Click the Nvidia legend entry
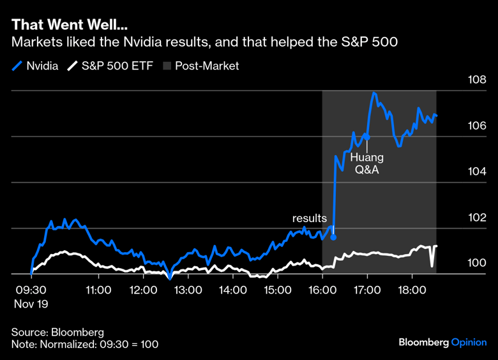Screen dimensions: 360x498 36,66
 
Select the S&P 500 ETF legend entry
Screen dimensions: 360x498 111,66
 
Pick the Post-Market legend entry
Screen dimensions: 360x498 202,66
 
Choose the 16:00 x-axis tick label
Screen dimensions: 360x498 322,290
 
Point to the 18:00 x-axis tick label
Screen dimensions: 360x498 412,290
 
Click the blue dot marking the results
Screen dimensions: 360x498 333,237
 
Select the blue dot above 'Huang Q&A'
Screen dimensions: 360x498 367,136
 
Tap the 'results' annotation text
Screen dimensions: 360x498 310,218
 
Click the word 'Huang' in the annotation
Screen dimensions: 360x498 367,157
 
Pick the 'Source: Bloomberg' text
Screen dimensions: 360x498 57,333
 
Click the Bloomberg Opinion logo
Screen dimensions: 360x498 442,343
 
